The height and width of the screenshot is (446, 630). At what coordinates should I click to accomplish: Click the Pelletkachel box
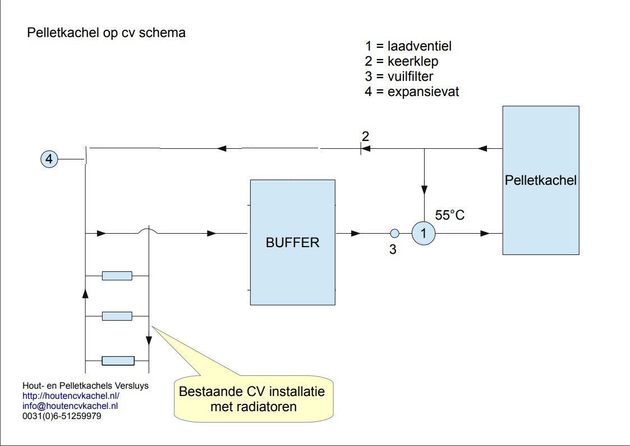pos(541,180)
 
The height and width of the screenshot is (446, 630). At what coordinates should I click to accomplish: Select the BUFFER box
pos(292,242)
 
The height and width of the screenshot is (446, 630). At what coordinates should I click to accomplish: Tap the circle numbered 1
pos(424,233)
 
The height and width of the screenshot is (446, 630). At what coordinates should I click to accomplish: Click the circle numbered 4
pos(49,160)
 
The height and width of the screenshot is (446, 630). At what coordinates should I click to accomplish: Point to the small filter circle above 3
pos(394,233)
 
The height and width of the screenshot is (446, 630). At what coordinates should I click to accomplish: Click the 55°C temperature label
pos(450,215)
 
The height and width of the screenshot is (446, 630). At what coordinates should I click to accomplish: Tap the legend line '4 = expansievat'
pos(412,92)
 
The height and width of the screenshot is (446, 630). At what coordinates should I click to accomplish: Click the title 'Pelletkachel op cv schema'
pos(106,33)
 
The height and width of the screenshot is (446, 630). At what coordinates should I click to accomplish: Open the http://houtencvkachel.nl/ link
pos(71,396)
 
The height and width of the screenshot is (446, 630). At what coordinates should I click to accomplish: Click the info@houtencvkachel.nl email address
pos(70,406)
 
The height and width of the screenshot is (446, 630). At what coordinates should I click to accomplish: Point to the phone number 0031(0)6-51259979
pos(62,416)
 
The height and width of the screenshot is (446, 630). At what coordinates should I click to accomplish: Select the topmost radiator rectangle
pos(117,275)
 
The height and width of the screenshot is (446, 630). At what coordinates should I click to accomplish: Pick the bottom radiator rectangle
pos(117,361)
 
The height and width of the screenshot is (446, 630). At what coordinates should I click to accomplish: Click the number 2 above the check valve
pos(365,136)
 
